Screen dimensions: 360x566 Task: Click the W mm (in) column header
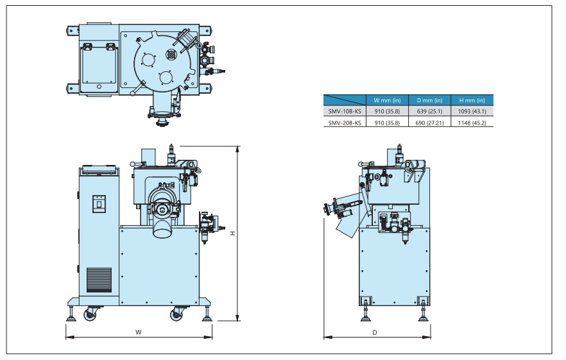[x=387, y=100]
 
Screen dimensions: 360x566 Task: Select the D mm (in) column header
[x=429, y=100]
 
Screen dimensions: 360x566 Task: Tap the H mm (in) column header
[x=472, y=100]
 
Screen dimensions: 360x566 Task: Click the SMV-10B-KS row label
[x=345, y=111]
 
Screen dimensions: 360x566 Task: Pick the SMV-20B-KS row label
[x=345, y=122]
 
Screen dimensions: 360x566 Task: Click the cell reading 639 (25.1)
[x=429, y=111]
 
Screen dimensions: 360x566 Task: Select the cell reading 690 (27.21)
[x=429, y=122]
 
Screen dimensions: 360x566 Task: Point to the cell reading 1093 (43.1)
[x=472, y=111]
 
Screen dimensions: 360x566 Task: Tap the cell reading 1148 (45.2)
[x=472, y=122]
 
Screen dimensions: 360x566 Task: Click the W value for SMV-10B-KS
[x=387, y=111]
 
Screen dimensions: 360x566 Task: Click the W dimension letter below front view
[x=138, y=332]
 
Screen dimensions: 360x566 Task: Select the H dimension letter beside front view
[x=233, y=234]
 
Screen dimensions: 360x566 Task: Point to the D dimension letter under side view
[x=375, y=332]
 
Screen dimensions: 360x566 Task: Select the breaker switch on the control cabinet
[x=99, y=203]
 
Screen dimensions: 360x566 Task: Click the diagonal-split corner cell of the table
[x=345, y=100]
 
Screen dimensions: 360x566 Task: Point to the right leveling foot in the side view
[x=424, y=314]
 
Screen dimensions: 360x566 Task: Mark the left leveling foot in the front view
[x=70, y=315]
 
